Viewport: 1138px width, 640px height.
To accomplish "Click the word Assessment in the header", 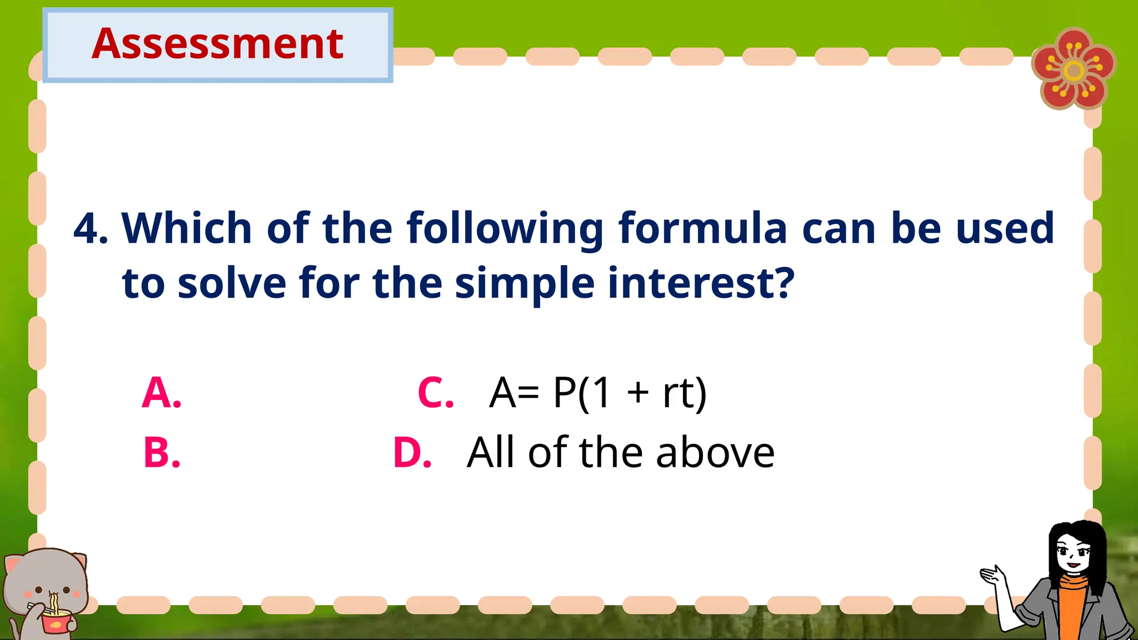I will click(217, 44).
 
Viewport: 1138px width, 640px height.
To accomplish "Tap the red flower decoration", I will click(1074, 69).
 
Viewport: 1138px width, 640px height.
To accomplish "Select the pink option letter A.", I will click(161, 393).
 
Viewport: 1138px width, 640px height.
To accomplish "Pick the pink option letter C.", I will click(436, 393).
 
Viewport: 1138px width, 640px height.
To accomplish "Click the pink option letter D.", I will click(412, 452).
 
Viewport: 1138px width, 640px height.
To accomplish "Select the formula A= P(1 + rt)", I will click(598, 393).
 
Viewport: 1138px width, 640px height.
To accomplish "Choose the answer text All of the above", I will click(621, 452).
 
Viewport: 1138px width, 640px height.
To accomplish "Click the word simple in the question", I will click(525, 283).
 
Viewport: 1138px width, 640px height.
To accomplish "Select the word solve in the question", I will click(232, 283).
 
